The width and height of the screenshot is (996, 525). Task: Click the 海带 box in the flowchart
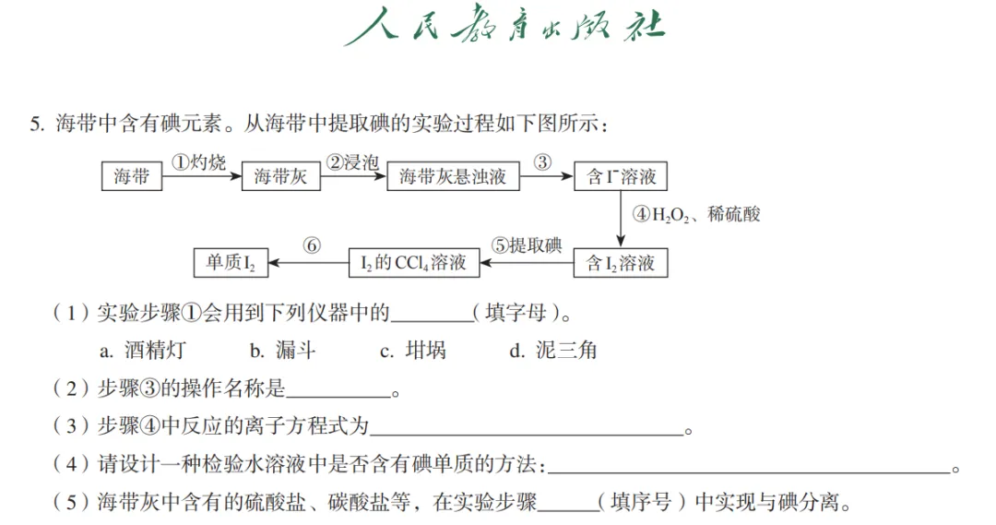(132, 175)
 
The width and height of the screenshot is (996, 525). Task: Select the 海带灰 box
(280, 175)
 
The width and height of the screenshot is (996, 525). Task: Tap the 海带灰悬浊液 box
(453, 175)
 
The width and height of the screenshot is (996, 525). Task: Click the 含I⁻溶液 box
(621, 175)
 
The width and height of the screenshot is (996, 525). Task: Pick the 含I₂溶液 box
(621, 263)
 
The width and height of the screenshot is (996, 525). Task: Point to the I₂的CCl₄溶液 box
(412, 263)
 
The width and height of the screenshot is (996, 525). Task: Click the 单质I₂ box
(231, 263)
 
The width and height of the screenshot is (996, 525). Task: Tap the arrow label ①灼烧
(198, 162)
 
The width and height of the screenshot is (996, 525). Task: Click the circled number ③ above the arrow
(542, 162)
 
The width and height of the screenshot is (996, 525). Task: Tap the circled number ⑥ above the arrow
(312, 246)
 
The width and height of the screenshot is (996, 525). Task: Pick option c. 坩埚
(413, 351)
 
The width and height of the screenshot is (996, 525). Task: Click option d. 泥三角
(553, 351)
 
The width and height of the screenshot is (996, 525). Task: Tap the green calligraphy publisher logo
(504, 28)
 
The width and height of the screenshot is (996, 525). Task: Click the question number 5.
(36, 124)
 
